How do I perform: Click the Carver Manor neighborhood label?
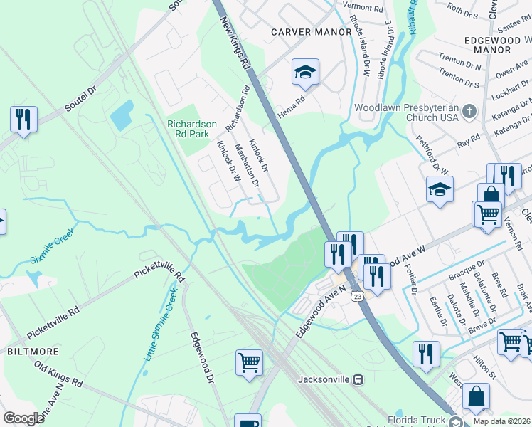coord(311,32)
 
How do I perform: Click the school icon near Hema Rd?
coord(305,73)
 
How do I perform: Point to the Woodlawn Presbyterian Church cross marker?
coord(468,112)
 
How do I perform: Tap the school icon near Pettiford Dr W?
coord(440,191)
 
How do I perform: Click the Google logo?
coord(23,418)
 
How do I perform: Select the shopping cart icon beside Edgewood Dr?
coord(249,362)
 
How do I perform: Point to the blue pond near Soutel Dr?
coord(122,115)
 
